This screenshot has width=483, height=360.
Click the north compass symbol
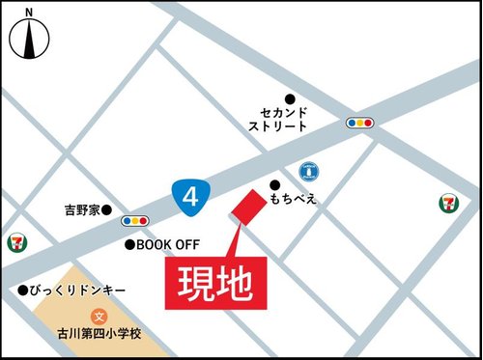(29, 37)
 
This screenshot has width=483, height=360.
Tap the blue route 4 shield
(191, 197)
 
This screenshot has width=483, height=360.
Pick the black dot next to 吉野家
(107, 209)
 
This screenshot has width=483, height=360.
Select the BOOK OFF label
(166, 245)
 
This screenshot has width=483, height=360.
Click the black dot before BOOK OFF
(128, 245)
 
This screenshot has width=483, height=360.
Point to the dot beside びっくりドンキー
(22, 290)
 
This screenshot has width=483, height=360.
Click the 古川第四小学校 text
(99, 334)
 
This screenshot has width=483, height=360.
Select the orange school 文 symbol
(99, 316)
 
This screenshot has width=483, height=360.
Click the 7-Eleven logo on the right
(445, 202)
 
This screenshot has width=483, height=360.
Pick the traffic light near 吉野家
(135, 221)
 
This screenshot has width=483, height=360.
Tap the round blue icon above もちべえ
(309, 171)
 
